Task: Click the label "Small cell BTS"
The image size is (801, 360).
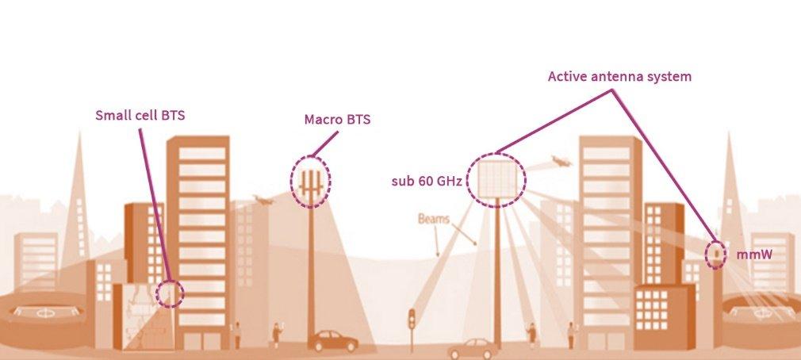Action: pyautogui.click(x=140, y=115)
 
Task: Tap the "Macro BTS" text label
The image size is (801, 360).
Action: pyautogui.click(x=337, y=121)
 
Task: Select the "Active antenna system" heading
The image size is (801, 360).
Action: pyautogui.click(x=619, y=77)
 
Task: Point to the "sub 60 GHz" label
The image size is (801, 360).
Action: pyautogui.click(x=427, y=181)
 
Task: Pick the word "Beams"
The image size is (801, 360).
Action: pyautogui.click(x=435, y=217)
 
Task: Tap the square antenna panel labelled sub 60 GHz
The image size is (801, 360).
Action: pyautogui.click(x=496, y=179)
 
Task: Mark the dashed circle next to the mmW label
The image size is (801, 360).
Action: pyautogui.click(x=716, y=254)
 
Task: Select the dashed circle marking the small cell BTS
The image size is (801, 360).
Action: pyautogui.click(x=170, y=293)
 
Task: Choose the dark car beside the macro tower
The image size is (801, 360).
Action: pyautogui.click(x=332, y=342)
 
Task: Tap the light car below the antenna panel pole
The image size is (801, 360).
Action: pyautogui.click(x=471, y=349)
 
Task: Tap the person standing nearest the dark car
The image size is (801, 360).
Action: pyautogui.click(x=277, y=333)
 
